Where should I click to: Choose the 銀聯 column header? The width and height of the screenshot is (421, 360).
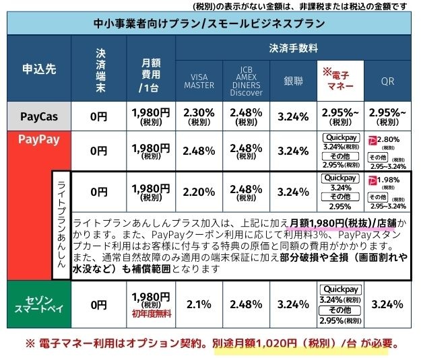[x=293, y=81]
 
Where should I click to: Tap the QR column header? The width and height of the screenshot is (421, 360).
[x=387, y=81]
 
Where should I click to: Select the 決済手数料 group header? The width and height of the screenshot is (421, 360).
[x=293, y=48]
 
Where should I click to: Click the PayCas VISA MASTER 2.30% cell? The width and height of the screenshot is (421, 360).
[x=199, y=116]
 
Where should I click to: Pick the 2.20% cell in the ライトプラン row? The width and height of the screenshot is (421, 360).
[x=199, y=191]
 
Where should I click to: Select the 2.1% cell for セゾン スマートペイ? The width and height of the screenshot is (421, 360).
[x=199, y=304]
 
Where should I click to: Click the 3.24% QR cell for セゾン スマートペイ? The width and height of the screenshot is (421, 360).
[x=387, y=304]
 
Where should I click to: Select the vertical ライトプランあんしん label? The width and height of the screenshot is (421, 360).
[x=61, y=225]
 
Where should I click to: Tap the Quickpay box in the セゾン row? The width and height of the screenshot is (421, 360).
[x=340, y=289]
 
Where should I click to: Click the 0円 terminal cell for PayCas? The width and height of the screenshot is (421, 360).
[x=98, y=117]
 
